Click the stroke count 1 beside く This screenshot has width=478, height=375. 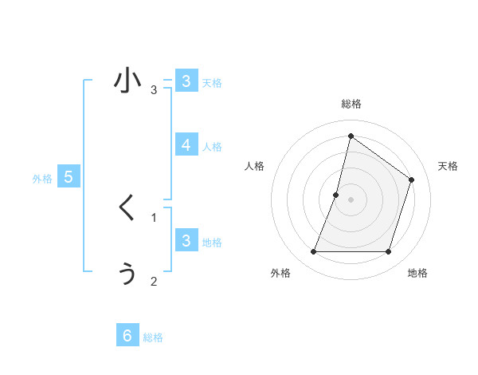pyautogui.click(x=154, y=217)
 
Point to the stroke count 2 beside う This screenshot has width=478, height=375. pyautogui.click(x=154, y=281)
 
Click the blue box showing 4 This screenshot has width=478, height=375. pyautogui.click(x=186, y=144)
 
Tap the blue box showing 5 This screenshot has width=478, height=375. pyautogui.click(x=69, y=177)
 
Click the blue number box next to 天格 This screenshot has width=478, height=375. pyautogui.click(x=186, y=81)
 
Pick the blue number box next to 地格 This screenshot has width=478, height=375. pyautogui.click(x=186, y=240)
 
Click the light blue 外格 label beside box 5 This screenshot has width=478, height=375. pyautogui.click(x=42, y=179)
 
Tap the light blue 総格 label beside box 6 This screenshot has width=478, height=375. pyautogui.click(x=153, y=337)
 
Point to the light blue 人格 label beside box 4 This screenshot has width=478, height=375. pyautogui.click(x=212, y=147)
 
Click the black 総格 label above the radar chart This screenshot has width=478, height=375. pyautogui.click(x=351, y=104)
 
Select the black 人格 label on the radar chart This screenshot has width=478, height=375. pyautogui.click(x=254, y=166)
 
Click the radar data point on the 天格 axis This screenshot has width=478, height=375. pyautogui.click(x=412, y=180)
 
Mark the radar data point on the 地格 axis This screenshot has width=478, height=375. pyautogui.click(x=388, y=252)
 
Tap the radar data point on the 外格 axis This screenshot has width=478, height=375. pyautogui.click(x=313, y=252)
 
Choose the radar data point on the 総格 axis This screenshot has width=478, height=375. pyautogui.click(x=351, y=136)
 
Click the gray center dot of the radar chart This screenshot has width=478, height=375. pyautogui.click(x=351, y=199)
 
